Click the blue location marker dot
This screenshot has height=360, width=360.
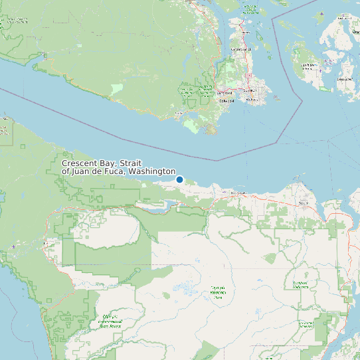click(x=179, y=179)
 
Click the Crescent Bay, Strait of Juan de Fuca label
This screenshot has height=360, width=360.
click(x=118, y=167)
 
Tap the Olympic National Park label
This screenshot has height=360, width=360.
click(x=218, y=292)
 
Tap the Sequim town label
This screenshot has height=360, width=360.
click(x=304, y=203)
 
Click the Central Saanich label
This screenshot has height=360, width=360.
click(x=240, y=49)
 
